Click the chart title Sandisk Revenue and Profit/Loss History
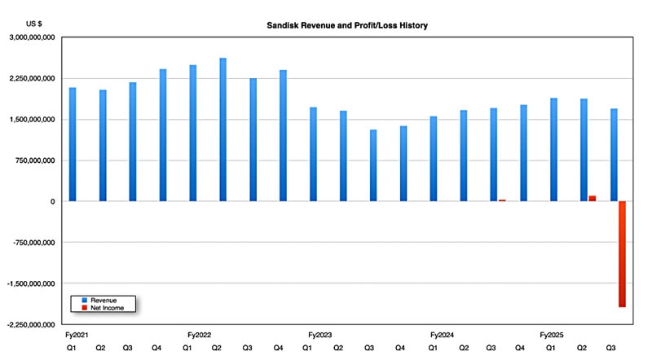tap(347, 26)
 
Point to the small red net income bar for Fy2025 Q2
tap(593, 198)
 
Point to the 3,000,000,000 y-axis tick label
tap(32, 37)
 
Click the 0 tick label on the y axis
tap(52, 201)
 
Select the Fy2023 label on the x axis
tap(320, 335)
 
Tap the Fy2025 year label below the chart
tap(553, 335)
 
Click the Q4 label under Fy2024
tap(520, 348)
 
